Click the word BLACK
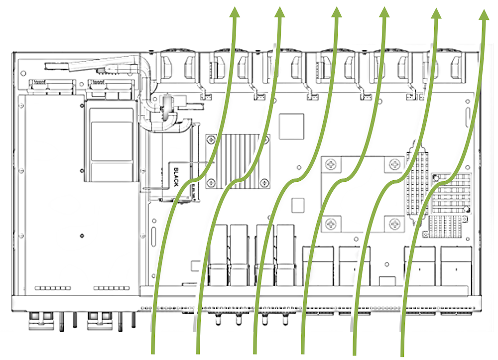coord(176,177)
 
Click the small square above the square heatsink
coord(291,126)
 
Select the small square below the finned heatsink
coord(297,206)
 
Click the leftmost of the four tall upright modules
coord(218,254)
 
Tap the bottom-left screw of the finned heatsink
coord(211,182)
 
